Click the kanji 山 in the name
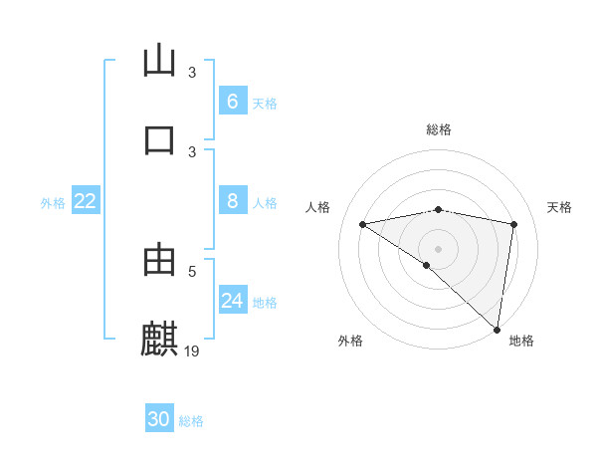coord(159,61)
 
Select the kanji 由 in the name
coord(159,261)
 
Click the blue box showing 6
coord(232,102)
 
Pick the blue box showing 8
coord(232,201)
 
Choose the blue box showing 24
coord(232,301)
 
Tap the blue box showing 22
coord(85,201)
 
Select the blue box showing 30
coord(159,419)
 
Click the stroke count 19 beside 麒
coord(192,351)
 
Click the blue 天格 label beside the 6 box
coord(265,103)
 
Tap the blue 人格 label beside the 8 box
coord(265,202)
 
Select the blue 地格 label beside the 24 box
coord(265,302)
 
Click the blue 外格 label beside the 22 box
coord(53,202)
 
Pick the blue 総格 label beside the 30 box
coord(191,420)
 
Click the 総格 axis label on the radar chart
coord(438,129)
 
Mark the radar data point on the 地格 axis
coord(497,329)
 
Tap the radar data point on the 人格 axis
coord(363,224)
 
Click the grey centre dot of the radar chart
coord(438,248)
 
